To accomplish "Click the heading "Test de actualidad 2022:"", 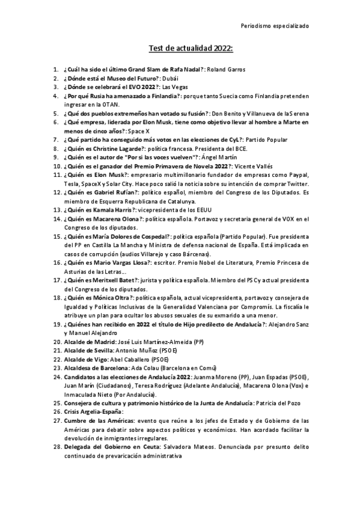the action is [191, 49].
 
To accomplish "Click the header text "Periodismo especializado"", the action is [275, 26].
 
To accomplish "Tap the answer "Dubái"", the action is [171, 79].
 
